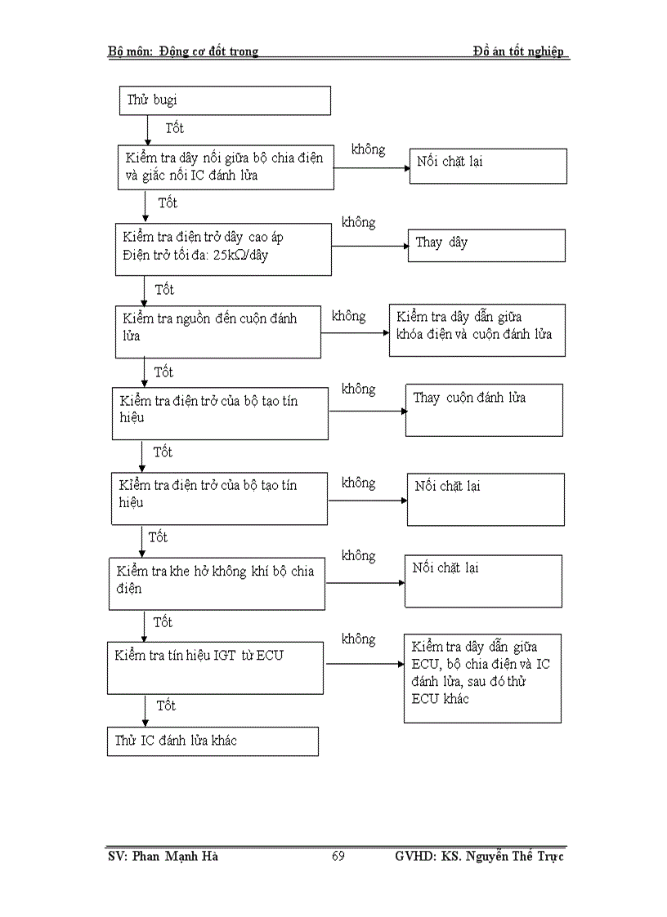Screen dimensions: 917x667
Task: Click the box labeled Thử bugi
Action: point(225,100)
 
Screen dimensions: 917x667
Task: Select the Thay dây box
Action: point(486,245)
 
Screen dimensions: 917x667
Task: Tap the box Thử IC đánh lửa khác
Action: point(213,741)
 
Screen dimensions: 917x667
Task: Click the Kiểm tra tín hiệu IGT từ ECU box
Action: point(217,667)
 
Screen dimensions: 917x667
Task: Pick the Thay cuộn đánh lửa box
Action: point(484,410)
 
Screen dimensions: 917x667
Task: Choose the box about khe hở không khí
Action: point(217,583)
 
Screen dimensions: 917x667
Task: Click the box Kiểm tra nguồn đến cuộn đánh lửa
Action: point(217,331)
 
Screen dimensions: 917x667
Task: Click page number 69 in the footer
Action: point(338,856)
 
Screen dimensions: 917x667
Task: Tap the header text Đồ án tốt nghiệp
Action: point(518,51)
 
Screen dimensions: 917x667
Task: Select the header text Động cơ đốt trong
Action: point(213,51)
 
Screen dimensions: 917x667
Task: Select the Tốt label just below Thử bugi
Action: point(175,128)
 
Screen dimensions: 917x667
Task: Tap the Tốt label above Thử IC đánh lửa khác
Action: point(166,705)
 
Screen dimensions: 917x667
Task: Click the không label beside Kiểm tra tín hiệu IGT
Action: point(358,639)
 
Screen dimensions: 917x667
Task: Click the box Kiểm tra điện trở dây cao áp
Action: point(223,247)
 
